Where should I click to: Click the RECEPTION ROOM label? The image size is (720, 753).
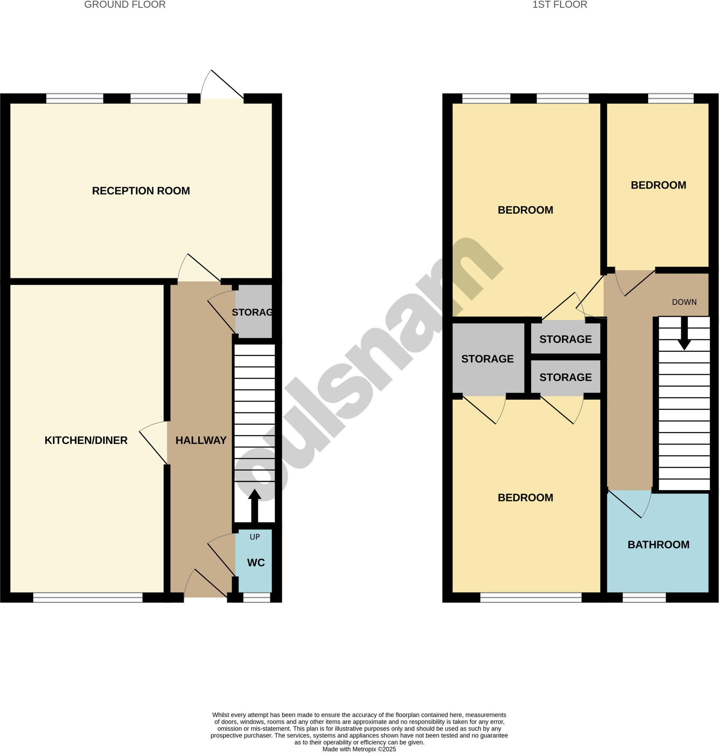141,191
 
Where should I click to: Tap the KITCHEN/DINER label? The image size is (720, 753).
86,440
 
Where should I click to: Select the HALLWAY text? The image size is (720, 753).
201,440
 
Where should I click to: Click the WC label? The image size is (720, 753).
256,562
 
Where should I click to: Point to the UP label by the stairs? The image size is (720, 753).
255,537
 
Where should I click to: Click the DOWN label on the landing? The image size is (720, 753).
684,302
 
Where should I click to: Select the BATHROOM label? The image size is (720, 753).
658,544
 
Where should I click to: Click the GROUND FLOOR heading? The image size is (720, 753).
125,5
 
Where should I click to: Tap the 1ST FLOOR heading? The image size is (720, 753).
560,5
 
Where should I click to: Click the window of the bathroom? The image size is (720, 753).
644,597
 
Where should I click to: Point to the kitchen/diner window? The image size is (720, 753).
88,597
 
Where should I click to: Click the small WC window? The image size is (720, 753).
257,597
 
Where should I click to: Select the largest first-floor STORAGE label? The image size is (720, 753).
487,358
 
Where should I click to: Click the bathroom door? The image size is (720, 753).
629,504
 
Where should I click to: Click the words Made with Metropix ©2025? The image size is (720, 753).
359,749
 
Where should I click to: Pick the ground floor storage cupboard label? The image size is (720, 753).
252,312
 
